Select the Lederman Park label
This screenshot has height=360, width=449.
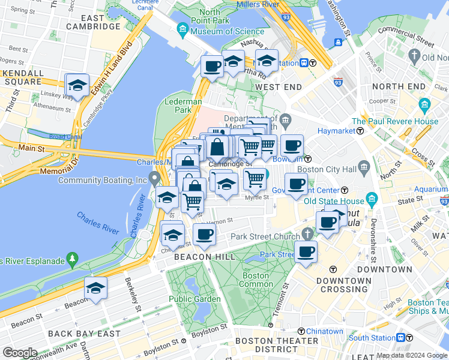(x=183, y=106)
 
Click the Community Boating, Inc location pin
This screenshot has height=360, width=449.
(x=155, y=178)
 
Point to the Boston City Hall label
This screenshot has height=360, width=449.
(x=327, y=169)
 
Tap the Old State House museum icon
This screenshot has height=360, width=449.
(x=372, y=199)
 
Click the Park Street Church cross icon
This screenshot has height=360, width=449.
(x=307, y=233)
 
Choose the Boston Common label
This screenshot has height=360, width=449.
(x=255, y=280)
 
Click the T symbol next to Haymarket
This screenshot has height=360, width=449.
(x=359, y=130)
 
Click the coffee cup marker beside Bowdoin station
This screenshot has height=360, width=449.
(x=292, y=146)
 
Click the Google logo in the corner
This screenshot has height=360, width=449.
(x=19, y=353)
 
